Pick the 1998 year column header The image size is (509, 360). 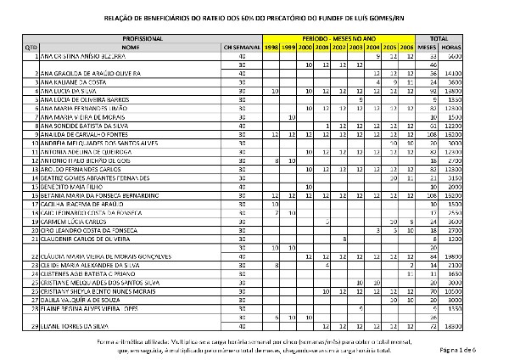tap(271, 48)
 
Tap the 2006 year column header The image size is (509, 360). tap(407, 48)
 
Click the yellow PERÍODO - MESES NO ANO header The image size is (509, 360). tap(339, 40)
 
